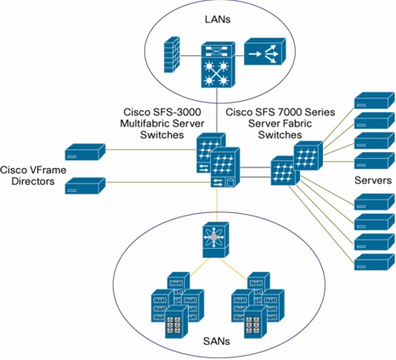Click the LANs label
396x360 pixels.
[218, 20]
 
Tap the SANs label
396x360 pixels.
[217, 341]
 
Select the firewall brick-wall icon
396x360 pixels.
[172, 54]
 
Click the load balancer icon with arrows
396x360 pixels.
[265, 52]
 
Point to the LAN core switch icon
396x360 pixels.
[218, 65]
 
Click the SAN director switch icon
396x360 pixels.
[216, 239]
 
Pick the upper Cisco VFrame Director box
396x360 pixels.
[85, 152]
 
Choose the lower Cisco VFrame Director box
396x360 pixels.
[85, 186]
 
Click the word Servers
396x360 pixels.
[373, 180]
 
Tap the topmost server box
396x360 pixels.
[374, 100]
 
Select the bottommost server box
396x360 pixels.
[374, 262]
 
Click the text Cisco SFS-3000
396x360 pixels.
[162, 112]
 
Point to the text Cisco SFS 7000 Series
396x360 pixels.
[280, 112]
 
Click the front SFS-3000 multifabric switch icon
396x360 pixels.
[225, 167]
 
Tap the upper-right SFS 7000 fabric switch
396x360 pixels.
[308, 155]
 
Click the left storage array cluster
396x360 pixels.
[178, 305]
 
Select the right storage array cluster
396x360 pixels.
[257, 305]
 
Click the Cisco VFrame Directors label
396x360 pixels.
[33, 176]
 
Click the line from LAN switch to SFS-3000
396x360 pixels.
[217, 110]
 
